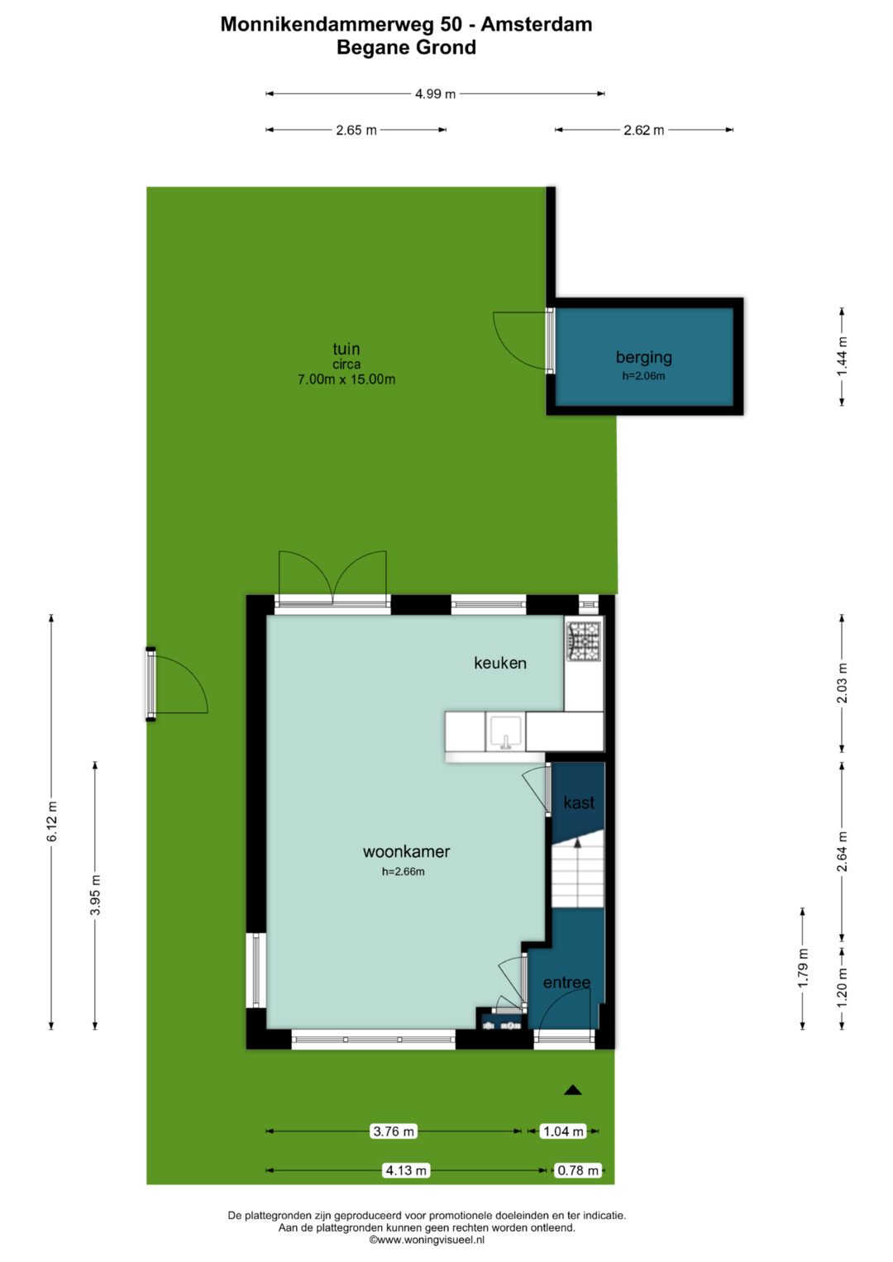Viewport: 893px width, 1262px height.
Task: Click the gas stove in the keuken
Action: tap(584, 641)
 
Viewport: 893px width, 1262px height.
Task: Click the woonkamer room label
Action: tap(406, 851)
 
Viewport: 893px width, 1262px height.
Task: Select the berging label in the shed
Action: tap(644, 358)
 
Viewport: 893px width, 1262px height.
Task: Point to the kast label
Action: tap(579, 802)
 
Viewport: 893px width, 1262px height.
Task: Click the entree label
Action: tap(566, 983)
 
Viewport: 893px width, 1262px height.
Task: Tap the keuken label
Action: tap(500, 663)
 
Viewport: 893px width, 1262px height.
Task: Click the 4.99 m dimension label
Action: tap(435, 94)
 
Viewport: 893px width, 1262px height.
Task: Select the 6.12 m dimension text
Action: tap(52, 821)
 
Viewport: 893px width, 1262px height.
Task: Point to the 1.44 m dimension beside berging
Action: tap(842, 357)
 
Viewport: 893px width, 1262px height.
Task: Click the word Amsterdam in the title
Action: tap(536, 24)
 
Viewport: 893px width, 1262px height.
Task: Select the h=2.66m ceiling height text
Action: tap(404, 872)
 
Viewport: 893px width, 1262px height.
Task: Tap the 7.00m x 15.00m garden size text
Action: tap(346, 379)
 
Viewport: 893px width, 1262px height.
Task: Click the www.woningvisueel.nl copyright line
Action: tap(427, 1240)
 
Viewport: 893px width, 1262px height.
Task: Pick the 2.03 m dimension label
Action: tap(842, 683)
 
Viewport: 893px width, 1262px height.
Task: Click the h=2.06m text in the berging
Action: tap(644, 376)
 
